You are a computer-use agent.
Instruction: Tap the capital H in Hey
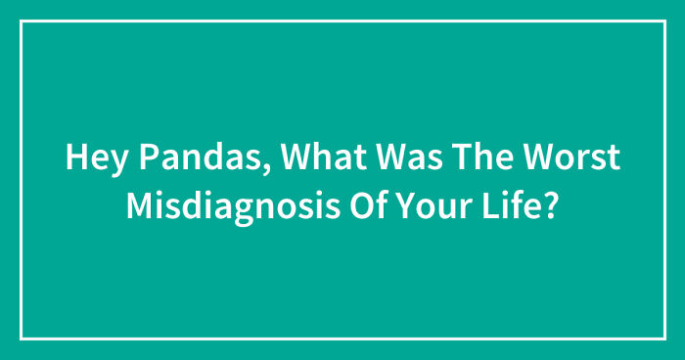tap(74, 158)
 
